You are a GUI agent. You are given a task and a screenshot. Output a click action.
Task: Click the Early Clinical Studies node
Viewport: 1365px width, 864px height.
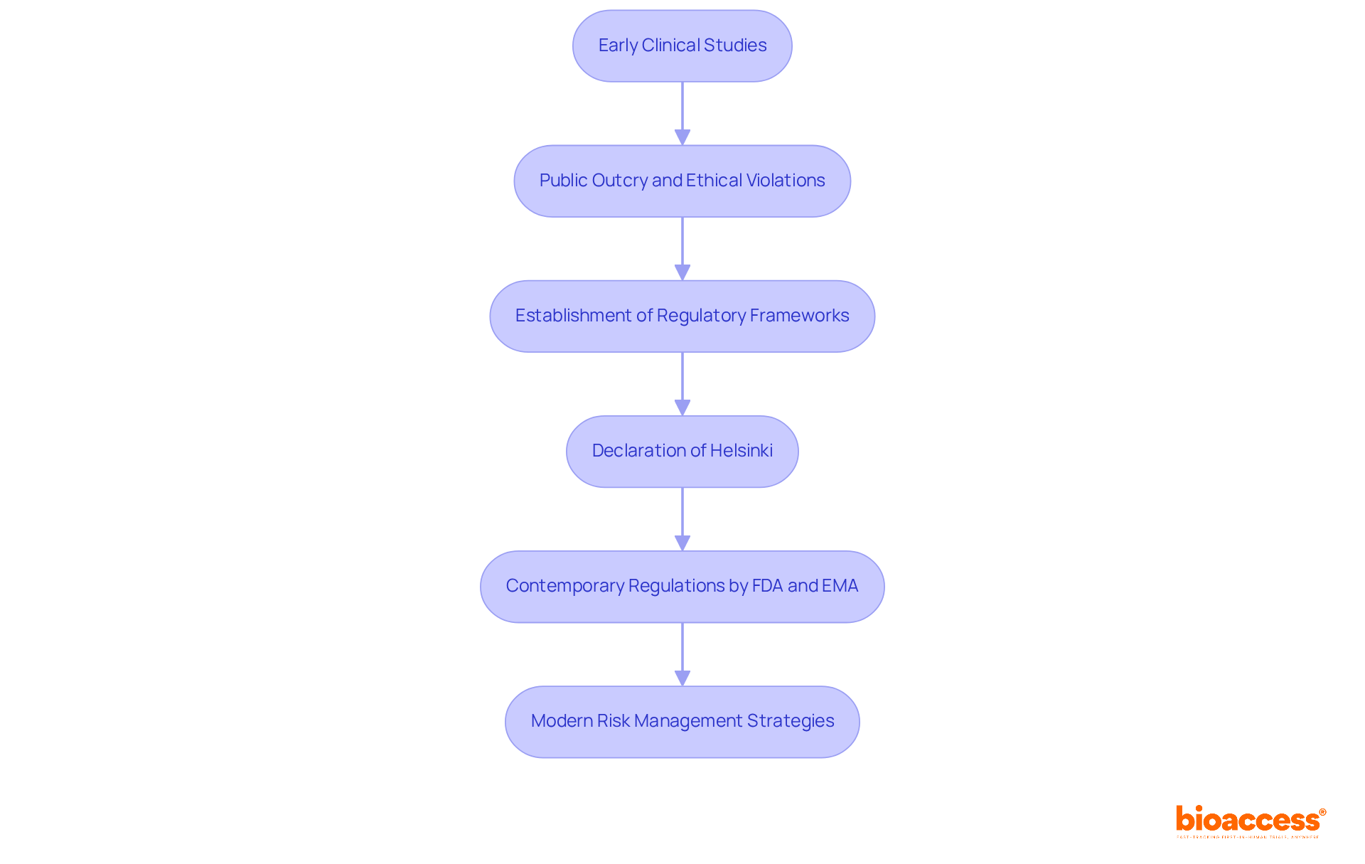[x=682, y=46]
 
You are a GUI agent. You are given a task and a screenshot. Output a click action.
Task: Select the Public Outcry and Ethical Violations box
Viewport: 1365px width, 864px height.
[x=682, y=181]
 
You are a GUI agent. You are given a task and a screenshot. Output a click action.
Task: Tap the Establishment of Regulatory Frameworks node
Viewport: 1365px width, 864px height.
[x=682, y=316]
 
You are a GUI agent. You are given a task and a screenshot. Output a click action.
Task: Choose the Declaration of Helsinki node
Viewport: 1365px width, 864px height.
[x=682, y=451]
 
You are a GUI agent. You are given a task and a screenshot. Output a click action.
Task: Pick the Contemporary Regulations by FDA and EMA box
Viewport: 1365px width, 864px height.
[x=682, y=586]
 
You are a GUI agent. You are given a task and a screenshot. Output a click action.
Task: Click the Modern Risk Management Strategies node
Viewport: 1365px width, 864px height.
[x=682, y=721]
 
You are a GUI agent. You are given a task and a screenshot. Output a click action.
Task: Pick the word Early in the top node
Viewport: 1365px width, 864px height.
[x=618, y=46]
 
